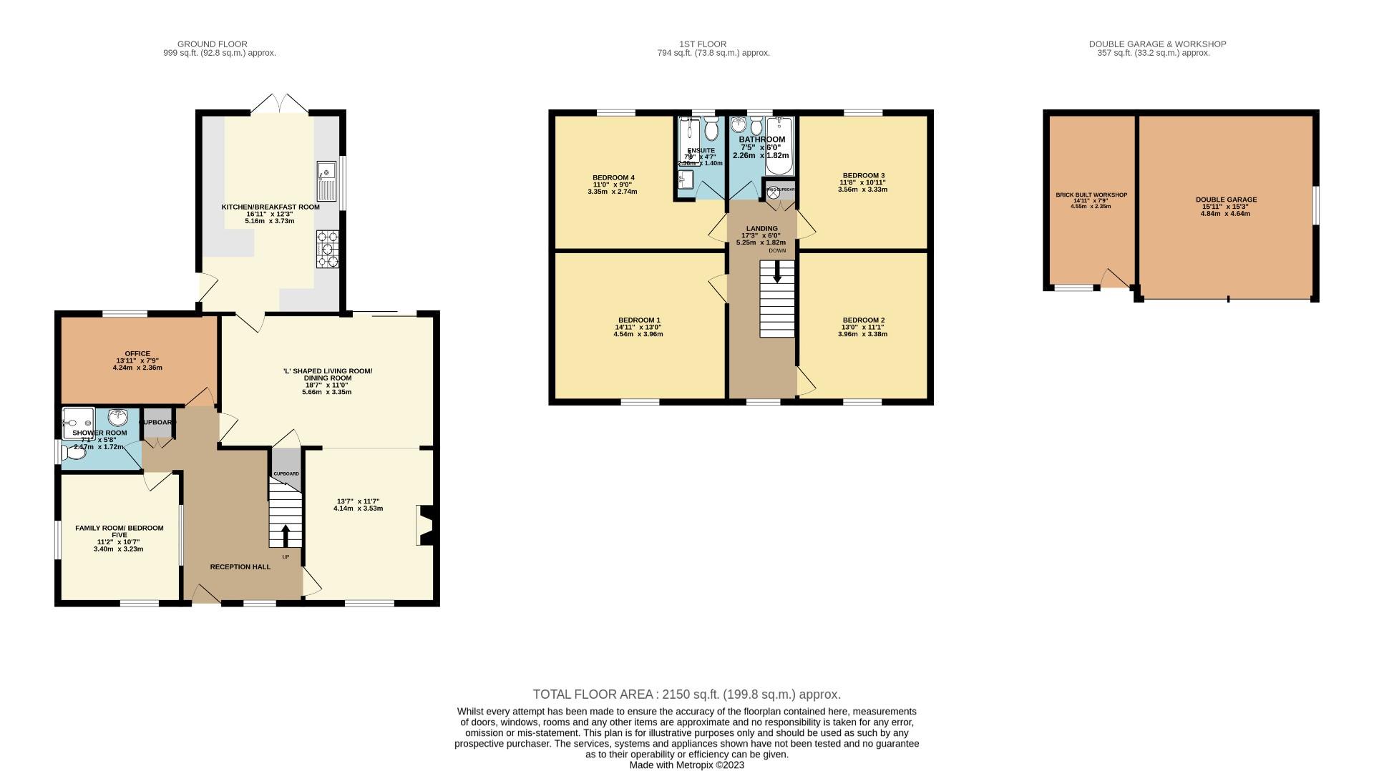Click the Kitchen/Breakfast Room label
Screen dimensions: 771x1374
[270, 207]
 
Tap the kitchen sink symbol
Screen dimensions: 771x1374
[326, 181]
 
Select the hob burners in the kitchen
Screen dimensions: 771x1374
[327, 249]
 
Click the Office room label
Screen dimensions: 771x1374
[137, 353]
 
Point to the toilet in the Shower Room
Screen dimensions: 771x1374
[74, 452]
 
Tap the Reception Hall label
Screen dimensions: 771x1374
[240, 566]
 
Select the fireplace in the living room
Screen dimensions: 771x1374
[424, 526]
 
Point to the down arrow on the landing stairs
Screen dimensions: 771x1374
[776, 272]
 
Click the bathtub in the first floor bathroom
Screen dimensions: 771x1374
[779, 147]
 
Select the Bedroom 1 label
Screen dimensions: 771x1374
[639, 320]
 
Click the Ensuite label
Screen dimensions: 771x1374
[701, 150]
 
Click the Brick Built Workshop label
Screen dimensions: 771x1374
[1091, 195]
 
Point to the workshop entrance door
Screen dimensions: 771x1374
[1115, 279]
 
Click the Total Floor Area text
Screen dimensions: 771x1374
[686, 694]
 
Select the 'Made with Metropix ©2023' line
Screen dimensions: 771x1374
[686, 765]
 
